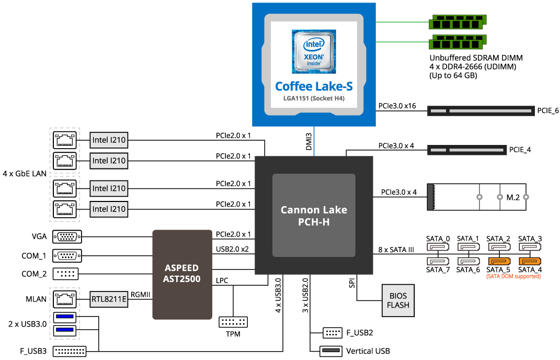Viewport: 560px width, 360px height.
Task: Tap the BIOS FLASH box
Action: (398, 300)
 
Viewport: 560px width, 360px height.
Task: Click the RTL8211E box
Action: (108, 299)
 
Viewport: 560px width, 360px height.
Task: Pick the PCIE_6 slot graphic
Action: (481, 111)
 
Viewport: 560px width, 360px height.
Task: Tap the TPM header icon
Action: (233, 322)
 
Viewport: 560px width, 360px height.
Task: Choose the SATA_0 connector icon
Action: (438, 247)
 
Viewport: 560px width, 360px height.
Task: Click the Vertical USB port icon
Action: (330, 351)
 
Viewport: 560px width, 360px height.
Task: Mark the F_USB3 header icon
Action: (70, 351)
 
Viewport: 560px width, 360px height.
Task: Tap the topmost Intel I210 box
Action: (109, 140)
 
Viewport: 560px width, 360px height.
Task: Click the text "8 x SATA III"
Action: (396, 250)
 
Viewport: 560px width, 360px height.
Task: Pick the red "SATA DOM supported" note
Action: (513, 276)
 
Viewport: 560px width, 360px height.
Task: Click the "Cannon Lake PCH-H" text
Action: (314, 216)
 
